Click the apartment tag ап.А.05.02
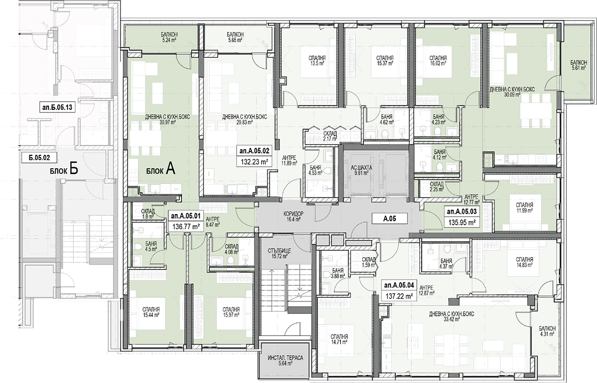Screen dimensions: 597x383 (254, 151)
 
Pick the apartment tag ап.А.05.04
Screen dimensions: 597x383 (399, 285)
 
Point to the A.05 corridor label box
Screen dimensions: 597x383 (390, 218)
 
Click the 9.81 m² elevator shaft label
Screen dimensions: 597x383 (361, 170)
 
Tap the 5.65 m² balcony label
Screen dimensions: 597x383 (235, 37)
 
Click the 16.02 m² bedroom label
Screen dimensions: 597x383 (438, 60)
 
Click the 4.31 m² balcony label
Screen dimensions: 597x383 (547, 331)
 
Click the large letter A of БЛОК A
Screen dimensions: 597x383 (170, 169)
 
